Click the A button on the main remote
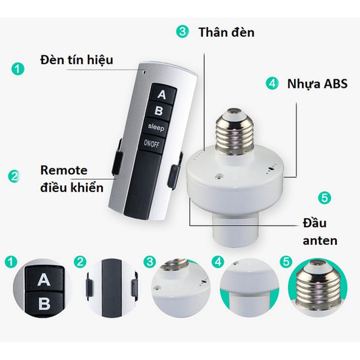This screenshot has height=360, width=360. [163, 94]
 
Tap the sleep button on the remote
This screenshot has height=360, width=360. [157, 127]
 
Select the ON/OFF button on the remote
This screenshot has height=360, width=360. [152, 144]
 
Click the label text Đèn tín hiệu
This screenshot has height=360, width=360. [76, 60]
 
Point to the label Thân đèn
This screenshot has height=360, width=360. [226, 32]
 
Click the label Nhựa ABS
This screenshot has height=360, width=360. [317, 84]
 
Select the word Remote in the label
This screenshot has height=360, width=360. [64, 171]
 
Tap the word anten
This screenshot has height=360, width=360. [320, 241]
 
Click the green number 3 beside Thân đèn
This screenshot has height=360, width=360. [183, 31]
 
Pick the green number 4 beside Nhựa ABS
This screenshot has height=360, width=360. [272, 83]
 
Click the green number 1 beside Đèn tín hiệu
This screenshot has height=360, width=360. [18, 68]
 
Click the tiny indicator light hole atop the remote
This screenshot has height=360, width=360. [144, 72]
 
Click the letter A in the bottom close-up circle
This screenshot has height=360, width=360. [44, 280]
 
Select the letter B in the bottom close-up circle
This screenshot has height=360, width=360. [44, 303]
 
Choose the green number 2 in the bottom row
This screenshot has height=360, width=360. [80, 262]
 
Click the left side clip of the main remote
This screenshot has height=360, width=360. [117, 157]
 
